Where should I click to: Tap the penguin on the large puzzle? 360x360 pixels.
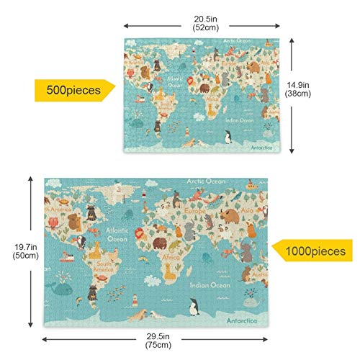click(x=192, y=307)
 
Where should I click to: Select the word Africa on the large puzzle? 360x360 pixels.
click(x=170, y=256)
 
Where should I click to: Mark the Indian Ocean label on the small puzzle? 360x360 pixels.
click(x=238, y=120)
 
